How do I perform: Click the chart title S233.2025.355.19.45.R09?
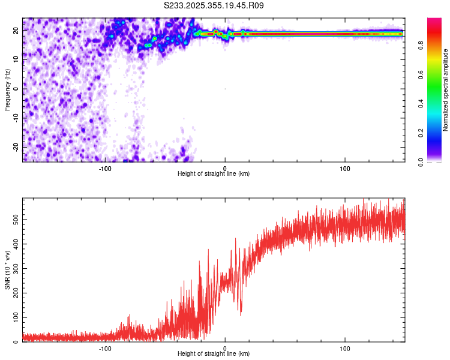point(214,5)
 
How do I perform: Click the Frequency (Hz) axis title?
point(7,89)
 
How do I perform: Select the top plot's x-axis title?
point(214,173)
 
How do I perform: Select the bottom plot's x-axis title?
point(214,353)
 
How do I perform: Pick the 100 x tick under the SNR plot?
point(345,347)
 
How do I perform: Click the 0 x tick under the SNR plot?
point(225,347)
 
